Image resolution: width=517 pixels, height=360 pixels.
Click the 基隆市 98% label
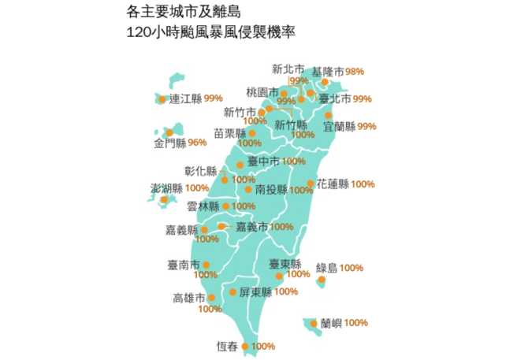[x=337, y=71]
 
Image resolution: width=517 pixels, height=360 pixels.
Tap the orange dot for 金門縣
[x=169, y=132]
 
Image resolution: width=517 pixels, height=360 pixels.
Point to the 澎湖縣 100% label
[x=179, y=188]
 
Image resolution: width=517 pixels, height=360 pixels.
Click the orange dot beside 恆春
[x=245, y=346]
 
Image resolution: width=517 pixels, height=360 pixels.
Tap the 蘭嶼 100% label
[x=344, y=322]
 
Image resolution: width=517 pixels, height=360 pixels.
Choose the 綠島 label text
[x=325, y=268]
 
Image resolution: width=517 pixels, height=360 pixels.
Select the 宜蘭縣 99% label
[x=350, y=126]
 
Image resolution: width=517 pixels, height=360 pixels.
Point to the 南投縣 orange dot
[x=248, y=189]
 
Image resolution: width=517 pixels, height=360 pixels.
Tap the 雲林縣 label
[x=203, y=206]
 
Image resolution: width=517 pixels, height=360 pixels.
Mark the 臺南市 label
[x=183, y=265]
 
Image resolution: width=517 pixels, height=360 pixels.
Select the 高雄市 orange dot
[x=210, y=298]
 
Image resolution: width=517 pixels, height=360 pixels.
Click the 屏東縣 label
[x=255, y=291]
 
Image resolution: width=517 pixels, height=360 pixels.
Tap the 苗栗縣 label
[x=229, y=132]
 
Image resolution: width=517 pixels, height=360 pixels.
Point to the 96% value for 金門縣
[x=197, y=143]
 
